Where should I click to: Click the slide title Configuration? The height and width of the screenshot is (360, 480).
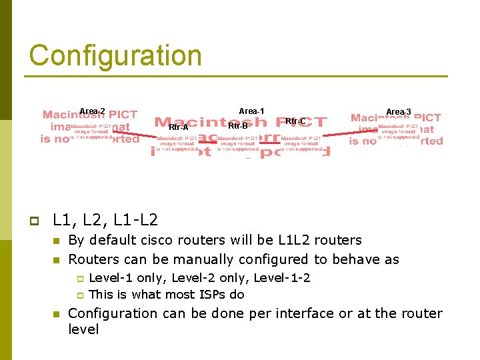pyautogui.click(x=115, y=55)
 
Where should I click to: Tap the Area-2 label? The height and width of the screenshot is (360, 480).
pyautogui.click(x=92, y=111)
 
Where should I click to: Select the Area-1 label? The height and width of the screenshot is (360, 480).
pyautogui.click(x=251, y=111)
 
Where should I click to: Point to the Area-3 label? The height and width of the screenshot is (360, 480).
pyautogui.click(x=399, y=112)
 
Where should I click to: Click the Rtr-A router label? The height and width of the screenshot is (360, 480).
pyautogui.click(x=179, y=127)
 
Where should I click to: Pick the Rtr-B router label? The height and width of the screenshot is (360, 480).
pyautogui.click(x=238, y=125)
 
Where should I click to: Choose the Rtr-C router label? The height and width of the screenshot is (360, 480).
pyautogui.click(x=295, y=121)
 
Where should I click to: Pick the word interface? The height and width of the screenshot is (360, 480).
pyautogui.click(x=307, y=313)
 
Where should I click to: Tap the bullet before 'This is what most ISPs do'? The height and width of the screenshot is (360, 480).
pyautogui.click(x=79, y=295)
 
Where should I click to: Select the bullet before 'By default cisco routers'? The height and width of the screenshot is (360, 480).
pyautogui.click(x=57, y=241)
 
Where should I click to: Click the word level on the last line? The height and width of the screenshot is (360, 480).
pyautogui.click(x=83, y=329)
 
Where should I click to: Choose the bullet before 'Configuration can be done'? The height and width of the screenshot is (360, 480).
pyautogui.click(x=57, y=314)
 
